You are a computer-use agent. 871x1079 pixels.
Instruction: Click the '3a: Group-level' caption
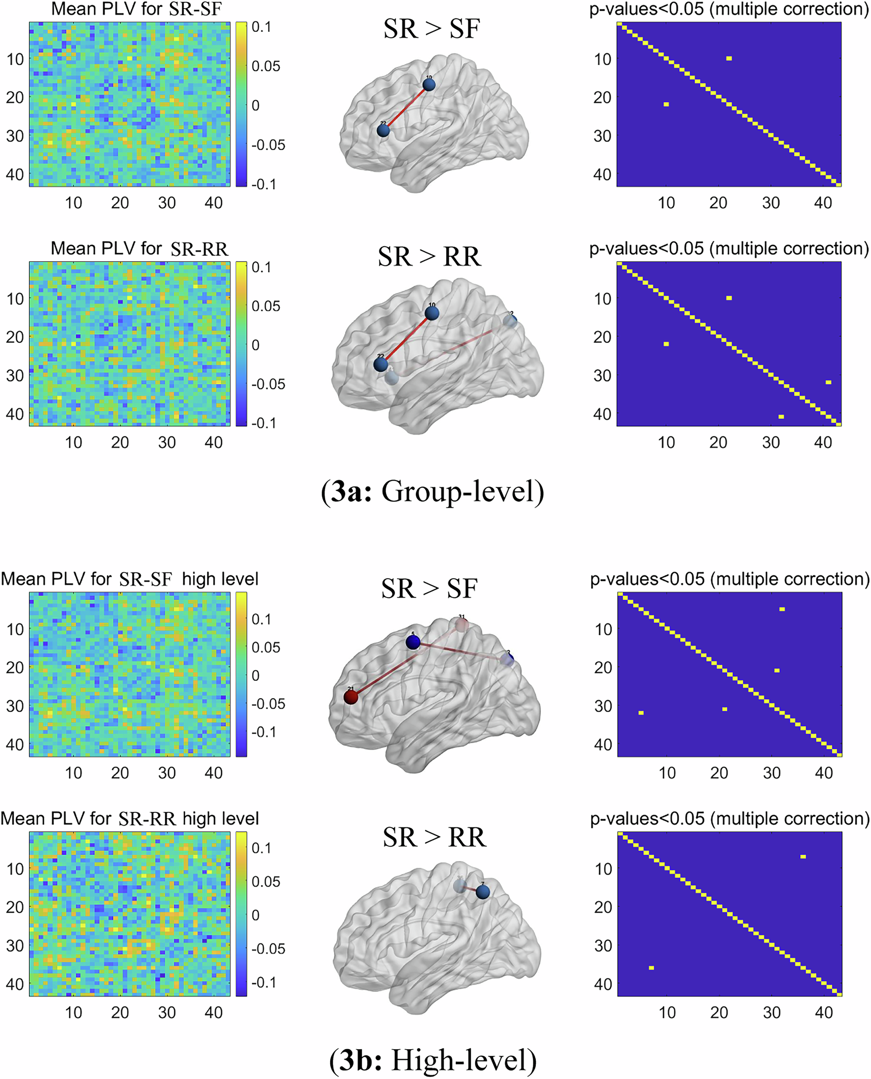[432, 492]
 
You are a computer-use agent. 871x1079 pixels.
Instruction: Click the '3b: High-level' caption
[432, 1061]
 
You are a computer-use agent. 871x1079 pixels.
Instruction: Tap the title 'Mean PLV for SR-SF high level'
[129, 579]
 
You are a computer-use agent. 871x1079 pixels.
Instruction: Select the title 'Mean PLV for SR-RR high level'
[129, 818]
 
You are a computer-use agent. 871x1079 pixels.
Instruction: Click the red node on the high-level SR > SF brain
[351, 697]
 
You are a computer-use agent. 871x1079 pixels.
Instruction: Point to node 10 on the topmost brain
[428, 84]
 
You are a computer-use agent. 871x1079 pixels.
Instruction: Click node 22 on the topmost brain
[383, 131]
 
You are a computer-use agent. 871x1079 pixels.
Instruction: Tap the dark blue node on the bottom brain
[482, 892]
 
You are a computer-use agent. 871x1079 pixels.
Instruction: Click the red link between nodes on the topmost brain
[406, 108]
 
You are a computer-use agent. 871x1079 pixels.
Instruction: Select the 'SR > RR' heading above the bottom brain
[434, 837]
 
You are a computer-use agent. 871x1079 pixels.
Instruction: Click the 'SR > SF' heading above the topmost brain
[431, 28]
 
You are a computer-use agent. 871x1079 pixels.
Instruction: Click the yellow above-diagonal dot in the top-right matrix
[729, 59]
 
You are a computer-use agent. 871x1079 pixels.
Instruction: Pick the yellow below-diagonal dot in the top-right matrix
[666, 105]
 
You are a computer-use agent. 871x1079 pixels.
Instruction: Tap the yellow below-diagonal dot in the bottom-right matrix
[651, 967]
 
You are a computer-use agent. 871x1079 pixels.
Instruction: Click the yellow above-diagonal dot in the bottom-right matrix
[803, 857]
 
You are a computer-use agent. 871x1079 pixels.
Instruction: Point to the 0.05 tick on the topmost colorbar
[265, 66]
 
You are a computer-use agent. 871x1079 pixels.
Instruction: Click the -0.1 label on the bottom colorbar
[264, 982]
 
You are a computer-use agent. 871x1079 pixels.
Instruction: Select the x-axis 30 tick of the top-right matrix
[771, 203]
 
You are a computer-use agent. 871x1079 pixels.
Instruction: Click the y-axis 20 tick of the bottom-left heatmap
[15, 907]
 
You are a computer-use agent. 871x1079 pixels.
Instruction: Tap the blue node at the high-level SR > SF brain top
[412, 642]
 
